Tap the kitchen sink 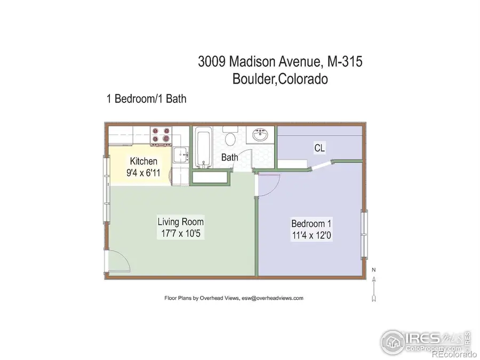[180, 155]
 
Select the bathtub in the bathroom [203, 147]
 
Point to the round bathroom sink [261, 134]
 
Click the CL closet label [320, 147]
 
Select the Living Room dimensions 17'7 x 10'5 [180, 233]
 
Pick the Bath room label [230, 157]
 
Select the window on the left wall [107, 203]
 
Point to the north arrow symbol [374, 285]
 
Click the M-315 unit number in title [343, 61]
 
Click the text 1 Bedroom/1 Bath [146, 99]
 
